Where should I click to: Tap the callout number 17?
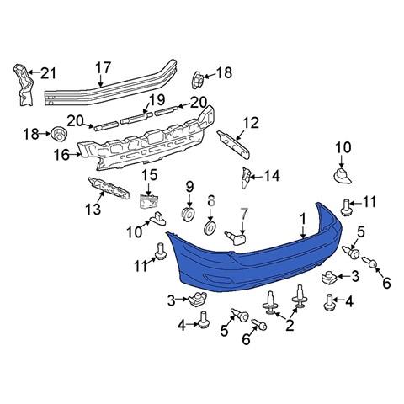[x=104, y=68]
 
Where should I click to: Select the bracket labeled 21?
[x=24, y=85]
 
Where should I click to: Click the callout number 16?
[x=61, y=155]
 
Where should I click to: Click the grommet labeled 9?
[x=189, y=215]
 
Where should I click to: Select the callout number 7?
[x=243, y=215]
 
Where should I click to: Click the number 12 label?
[x=251, y=123]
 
